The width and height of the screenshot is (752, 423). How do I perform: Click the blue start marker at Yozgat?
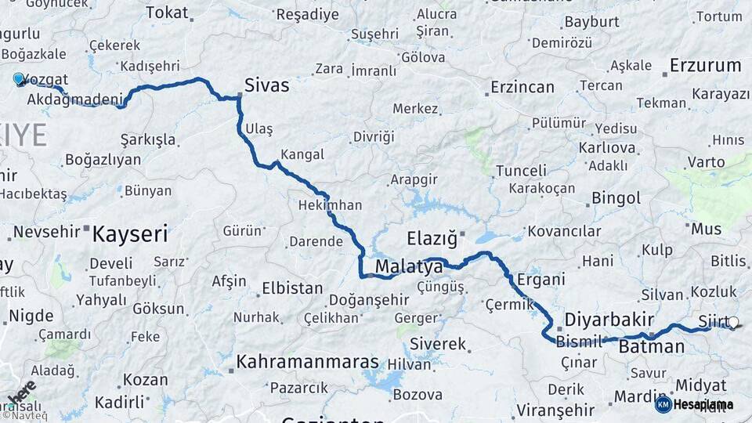click(x=18, y=79)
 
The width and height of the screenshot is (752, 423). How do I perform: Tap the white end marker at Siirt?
click(x=733, y=322)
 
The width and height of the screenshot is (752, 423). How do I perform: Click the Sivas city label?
click(x=266, y=85)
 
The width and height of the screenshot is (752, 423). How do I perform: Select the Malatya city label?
click(x=409, y=268)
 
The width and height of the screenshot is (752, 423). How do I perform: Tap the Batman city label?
click(x=652, y=346)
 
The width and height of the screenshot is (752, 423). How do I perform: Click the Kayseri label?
click(x=130, y=233)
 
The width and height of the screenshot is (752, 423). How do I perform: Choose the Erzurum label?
click(x=706, y=66)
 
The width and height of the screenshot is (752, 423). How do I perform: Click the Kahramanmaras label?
click(x=307, y=363)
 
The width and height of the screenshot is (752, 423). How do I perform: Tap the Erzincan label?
click(x=522, y=87)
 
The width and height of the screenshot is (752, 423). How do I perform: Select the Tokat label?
click(x=168, y=13)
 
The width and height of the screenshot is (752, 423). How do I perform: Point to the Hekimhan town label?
click(x=330, y=205)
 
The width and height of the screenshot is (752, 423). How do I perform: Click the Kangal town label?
click(x=302, y=154)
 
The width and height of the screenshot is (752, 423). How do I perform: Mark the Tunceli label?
click(x=521, y=171)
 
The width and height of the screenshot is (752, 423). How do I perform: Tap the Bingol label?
click(x=616, y=197)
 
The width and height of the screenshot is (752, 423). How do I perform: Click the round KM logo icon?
click(x=663, y=404)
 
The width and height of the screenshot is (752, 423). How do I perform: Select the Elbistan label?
click(x=292, y=288)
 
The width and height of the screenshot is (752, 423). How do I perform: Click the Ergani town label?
click(x=541, y=280)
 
